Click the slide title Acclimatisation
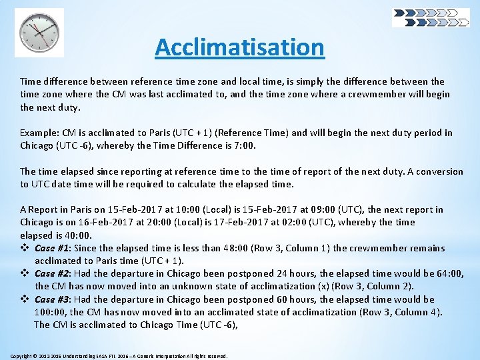[239, 47]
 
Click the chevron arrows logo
[430, 17]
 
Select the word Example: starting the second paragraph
[38, 133]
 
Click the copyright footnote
[119, 356]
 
